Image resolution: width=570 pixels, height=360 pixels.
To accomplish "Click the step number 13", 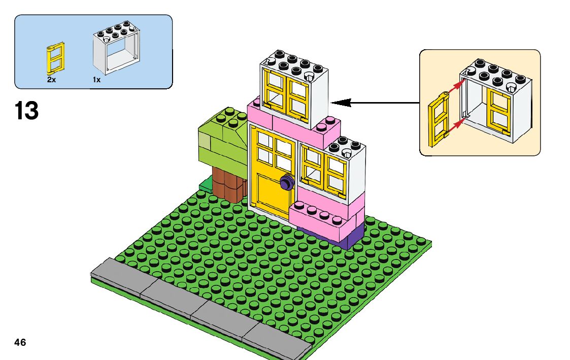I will pyautogui.click(x=27, y=111).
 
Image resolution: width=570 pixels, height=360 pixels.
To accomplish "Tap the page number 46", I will pyautogui.click(x=20, y=342).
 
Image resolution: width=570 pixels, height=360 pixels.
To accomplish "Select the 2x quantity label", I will pyautogui.click(x=51, y=80).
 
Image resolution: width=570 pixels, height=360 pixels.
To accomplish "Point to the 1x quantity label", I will pyautogui.click(x=96, y=80).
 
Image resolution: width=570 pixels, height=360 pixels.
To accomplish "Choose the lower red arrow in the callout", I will pyautogui.click(x=455, y=124).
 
